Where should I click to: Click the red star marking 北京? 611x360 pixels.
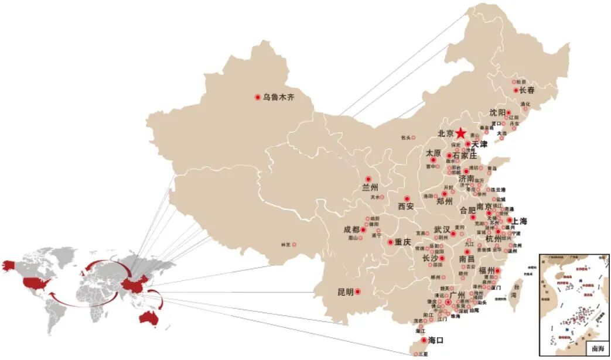point(462,133)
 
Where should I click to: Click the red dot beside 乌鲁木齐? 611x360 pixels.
point(257,97)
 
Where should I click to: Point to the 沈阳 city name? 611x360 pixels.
point(497,112)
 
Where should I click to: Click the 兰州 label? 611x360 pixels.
point(370,188)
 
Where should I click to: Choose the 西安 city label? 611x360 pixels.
point(406,206)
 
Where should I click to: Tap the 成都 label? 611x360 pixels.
point(351,230)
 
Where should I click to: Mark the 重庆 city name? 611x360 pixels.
point(403,242)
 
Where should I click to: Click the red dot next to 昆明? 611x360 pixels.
point(358,292)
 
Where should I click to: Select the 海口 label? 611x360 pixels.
point(436,340)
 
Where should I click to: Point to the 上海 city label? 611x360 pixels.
point(520,221)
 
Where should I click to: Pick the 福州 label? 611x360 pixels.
point(487,270)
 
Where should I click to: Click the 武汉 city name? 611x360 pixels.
point(442,229)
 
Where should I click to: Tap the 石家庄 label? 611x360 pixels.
point(465,156)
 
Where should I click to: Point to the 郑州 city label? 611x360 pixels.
point(445,201)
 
